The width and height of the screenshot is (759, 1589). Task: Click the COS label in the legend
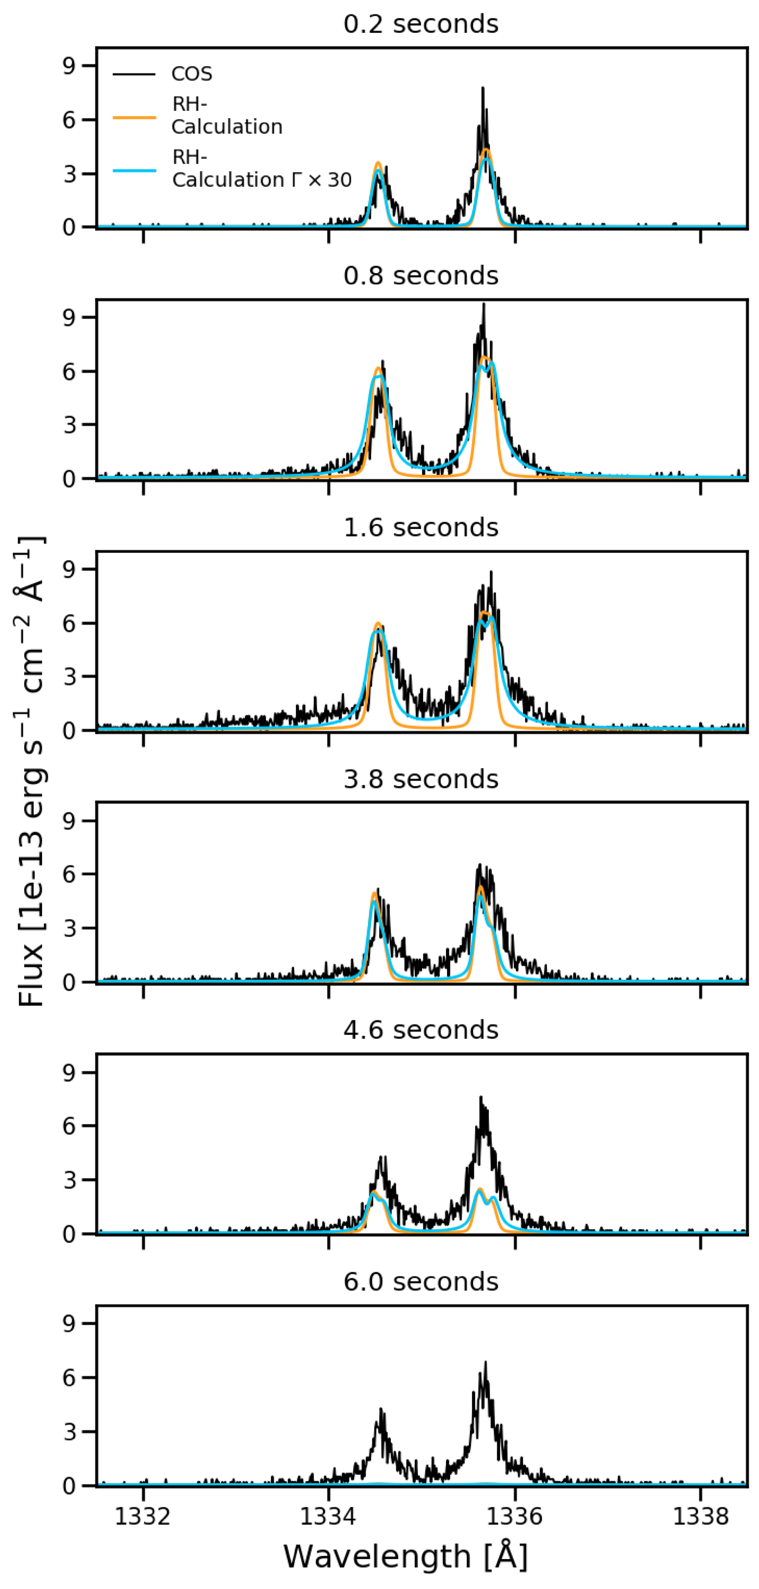coord(191,74)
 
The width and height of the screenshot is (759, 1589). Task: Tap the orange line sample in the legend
coord(134,116)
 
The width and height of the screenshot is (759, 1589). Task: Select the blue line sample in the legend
coord(134,170)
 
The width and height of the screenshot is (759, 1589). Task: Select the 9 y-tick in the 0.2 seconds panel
coord(70,66)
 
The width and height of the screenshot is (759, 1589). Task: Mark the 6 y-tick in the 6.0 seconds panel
coord(70,1378)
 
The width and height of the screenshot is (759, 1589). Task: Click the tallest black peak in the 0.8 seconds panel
coord(484,305)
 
